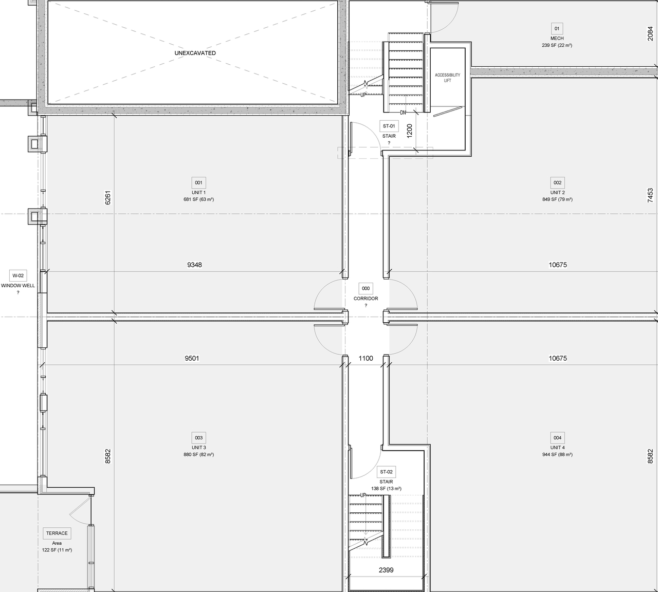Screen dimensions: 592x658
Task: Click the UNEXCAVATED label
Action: coord(195,53)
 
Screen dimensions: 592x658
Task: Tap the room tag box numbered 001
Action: coord(198,182)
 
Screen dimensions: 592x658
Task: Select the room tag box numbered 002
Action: coord(557,182)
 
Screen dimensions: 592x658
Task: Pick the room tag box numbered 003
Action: coord(198,438)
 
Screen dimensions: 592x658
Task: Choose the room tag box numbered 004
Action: coord(557,438)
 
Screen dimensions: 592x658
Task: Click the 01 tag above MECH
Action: coord(557,28)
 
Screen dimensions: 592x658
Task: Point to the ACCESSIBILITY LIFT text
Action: coord(447,78)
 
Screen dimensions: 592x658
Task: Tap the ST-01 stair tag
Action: coord(389,126)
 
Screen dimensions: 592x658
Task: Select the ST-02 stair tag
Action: coord(386,472)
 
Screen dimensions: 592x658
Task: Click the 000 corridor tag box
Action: coord(365,288)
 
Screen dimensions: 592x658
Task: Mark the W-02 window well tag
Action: coord(18,275)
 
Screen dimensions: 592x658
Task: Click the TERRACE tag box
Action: coord(57,533)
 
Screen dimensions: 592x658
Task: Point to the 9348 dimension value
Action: coord(194,265)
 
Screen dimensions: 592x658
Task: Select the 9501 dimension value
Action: coord(192,359)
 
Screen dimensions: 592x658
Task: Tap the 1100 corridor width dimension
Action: coord(365,359)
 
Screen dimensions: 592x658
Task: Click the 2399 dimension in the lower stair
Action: coord(386,570)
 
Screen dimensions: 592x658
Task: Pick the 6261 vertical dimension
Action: coord(107,198)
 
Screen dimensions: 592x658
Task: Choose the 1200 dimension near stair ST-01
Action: coord(409,131)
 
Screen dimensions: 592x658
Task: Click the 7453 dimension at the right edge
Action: coord(650,195)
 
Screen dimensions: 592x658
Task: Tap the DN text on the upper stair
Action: coord(404,113)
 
